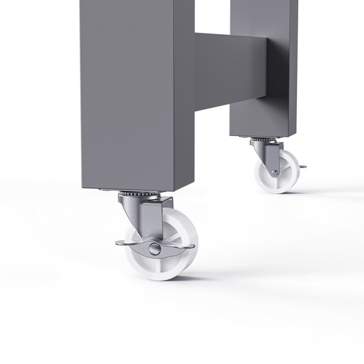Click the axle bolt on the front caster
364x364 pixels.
[x=154, y=251]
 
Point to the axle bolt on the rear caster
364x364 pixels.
[x=274, y=173]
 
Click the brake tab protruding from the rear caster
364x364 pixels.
[x=304, y=167]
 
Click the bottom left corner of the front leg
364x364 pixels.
[x=83, y=188]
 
